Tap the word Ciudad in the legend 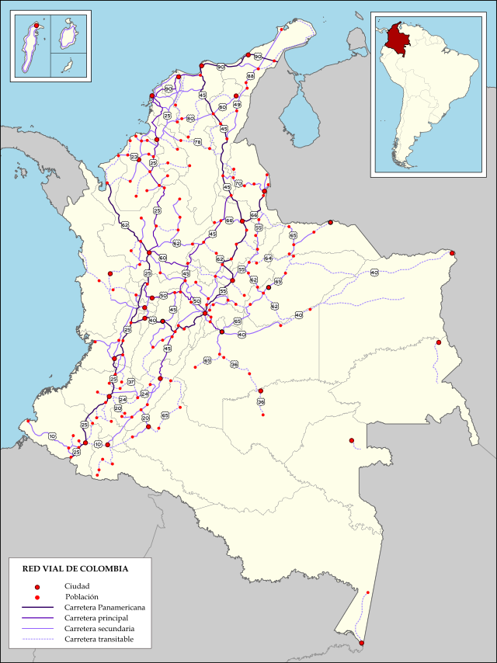point(78,585)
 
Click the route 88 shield point(251,76)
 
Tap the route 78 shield point(197,142)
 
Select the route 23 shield point(134,157)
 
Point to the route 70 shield point(238,183)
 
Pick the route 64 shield point(268,258)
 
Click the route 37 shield point(131,382)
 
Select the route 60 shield point(162,258)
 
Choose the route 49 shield point(237,104)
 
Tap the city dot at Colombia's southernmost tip point(362,643)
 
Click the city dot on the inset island point(36,26)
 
